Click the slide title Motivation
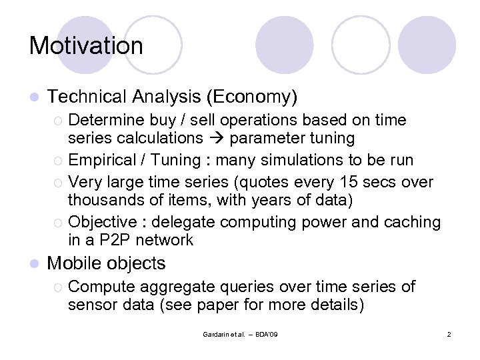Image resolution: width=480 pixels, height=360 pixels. click(86, 46)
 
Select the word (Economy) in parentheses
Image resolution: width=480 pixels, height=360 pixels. click(251, 97)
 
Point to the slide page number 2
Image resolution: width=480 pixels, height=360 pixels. click(449, 333)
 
